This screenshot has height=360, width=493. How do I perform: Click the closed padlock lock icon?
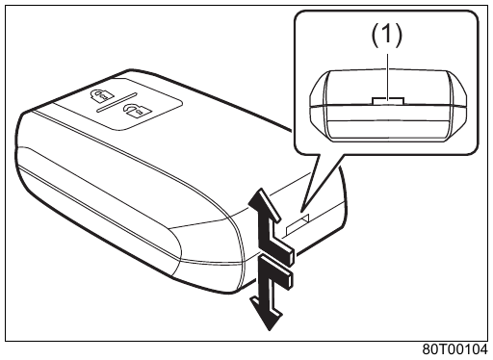click(100, 95)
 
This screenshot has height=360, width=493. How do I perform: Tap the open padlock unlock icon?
click(136, 111)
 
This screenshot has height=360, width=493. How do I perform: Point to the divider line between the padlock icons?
click(117, 102)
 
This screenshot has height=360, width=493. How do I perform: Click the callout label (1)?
click(386, 35)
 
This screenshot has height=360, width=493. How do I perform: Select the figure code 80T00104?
click(454, 349)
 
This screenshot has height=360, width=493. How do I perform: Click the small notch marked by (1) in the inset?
click(388, 101)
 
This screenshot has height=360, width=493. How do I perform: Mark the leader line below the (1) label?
click(388, 76)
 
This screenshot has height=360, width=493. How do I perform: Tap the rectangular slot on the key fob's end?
click(298, 224)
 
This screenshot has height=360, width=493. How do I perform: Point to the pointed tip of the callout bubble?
click(301, 211)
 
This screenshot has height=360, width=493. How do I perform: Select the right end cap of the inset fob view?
click(456, 105)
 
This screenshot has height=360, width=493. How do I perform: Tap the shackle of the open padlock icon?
click(131, 108)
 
